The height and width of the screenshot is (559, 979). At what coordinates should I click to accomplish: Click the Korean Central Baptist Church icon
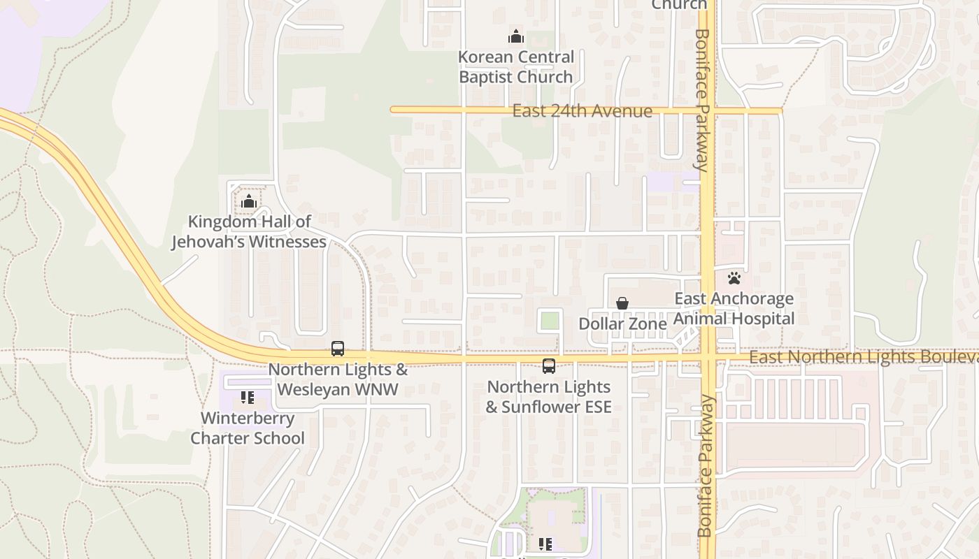pos(516,36)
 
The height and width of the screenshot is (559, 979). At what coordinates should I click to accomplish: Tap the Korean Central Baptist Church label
pos(516,67)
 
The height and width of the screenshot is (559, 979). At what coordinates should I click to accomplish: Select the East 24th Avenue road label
pos(582,111)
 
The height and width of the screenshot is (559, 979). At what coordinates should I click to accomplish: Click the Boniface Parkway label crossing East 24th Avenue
pos(703,98)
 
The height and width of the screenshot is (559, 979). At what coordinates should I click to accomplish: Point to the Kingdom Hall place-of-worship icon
pos(248,203)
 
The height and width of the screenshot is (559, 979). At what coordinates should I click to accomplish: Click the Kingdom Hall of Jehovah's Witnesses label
pos(249,232)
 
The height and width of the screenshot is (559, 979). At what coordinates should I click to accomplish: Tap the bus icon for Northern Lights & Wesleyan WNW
pos(338,348)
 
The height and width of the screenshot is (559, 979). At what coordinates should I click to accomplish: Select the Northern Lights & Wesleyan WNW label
pos(338,379)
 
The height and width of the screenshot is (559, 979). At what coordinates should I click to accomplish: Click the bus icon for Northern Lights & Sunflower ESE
pos(549,365)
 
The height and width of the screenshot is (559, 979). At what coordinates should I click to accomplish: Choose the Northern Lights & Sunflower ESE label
pos(549,397)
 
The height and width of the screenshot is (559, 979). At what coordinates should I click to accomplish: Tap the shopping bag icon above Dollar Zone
pos(622,303)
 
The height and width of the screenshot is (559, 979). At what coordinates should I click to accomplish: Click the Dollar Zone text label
pos(622,324)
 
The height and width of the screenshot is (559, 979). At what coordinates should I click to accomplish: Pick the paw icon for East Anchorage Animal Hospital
pos(734,278)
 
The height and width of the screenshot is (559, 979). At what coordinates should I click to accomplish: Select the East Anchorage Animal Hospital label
pos(734,309)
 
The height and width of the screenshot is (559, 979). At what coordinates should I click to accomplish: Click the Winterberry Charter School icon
pos(248,398)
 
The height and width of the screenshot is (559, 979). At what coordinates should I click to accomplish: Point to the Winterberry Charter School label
pos(248,428)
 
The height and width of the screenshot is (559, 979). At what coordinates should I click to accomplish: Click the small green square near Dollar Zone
pos(550,321)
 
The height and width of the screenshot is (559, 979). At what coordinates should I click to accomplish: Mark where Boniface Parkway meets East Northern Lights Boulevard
pos(708,358)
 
